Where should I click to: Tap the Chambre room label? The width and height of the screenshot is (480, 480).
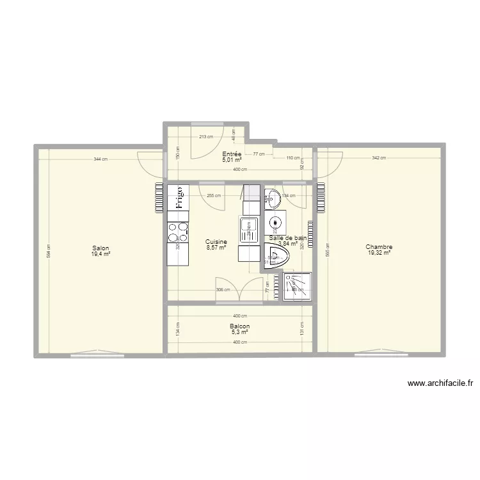(x=379, y=247)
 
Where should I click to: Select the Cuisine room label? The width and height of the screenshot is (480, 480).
(x=216, y=242)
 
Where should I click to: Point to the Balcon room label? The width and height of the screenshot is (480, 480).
(x=240, y=326)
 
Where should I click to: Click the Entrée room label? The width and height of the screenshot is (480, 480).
(x=232, y=154)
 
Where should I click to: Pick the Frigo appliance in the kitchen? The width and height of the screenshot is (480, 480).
(x=179, y=198)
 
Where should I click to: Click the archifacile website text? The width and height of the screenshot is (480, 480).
(x=440, y=384)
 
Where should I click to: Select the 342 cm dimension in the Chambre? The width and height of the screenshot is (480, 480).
(x=379, y=159)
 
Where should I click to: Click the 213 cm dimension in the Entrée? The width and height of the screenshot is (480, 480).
(x=205, y=136)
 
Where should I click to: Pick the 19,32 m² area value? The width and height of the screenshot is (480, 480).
(x=379, y=253)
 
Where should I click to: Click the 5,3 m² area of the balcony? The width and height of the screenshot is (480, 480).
(x=240, y=332)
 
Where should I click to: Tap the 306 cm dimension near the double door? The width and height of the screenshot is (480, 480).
(x=205, y=289)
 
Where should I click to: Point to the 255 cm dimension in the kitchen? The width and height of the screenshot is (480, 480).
(x=214, y=196)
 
